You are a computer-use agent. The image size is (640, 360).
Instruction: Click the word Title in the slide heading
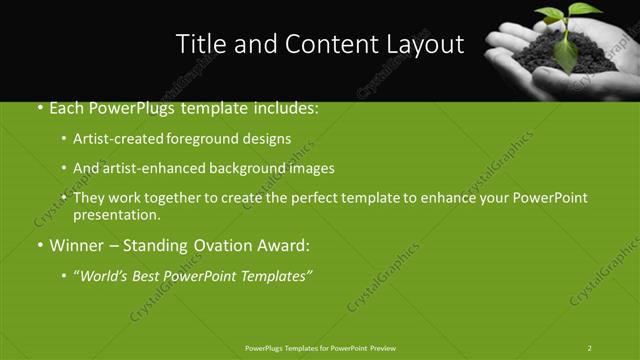point(199,44)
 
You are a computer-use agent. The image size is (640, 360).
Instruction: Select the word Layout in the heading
point(429,45)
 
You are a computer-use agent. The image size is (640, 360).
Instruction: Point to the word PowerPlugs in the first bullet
point(129,109)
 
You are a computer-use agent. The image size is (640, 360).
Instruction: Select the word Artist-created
point(114,139)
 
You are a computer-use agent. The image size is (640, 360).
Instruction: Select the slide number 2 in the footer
point(589,348)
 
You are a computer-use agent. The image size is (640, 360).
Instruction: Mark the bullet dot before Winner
point(40,245)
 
